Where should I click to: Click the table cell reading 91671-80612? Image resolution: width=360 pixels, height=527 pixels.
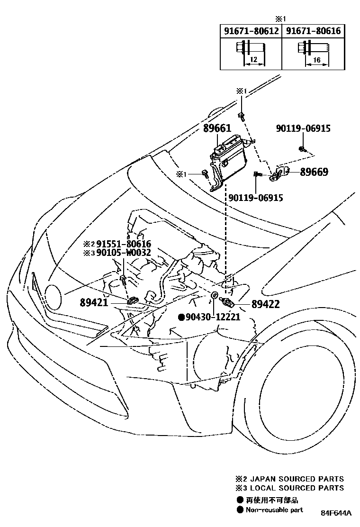251,31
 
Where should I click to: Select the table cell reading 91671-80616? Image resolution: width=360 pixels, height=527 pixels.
313,31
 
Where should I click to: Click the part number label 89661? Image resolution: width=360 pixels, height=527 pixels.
217,128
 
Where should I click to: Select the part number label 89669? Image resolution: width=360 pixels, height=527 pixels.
314,172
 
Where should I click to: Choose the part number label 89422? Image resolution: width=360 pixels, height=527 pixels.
265,304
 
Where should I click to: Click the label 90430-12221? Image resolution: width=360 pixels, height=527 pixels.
212,317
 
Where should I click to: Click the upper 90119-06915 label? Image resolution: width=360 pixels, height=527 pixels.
303,128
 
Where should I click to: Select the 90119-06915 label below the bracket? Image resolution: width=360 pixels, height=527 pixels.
256,198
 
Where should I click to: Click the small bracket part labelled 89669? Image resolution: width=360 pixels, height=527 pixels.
279,174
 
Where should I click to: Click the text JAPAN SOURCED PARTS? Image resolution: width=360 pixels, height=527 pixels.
297,479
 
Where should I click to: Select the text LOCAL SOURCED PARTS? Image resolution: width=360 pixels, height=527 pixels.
297,488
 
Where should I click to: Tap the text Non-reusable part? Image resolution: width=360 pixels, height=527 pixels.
274,510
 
